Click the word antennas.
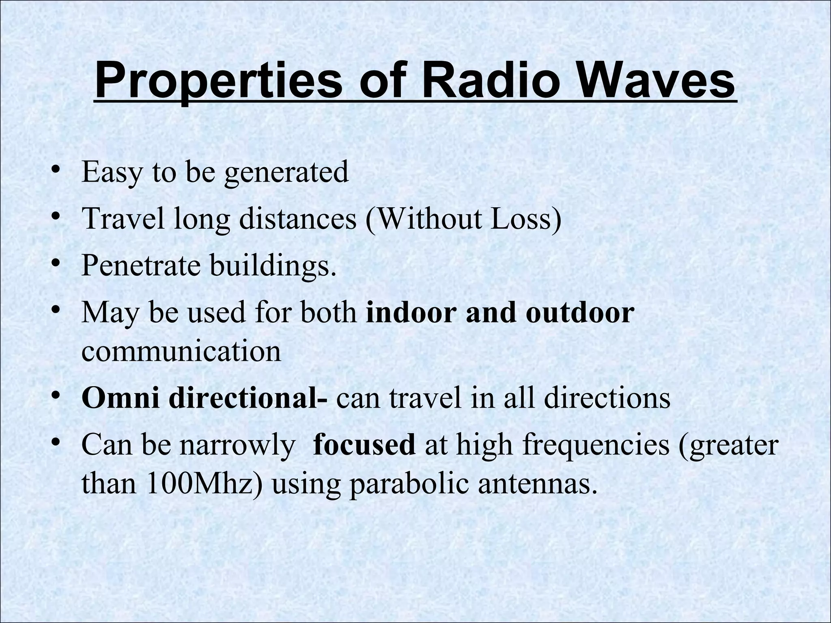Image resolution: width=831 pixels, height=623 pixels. tap(537, 483)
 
